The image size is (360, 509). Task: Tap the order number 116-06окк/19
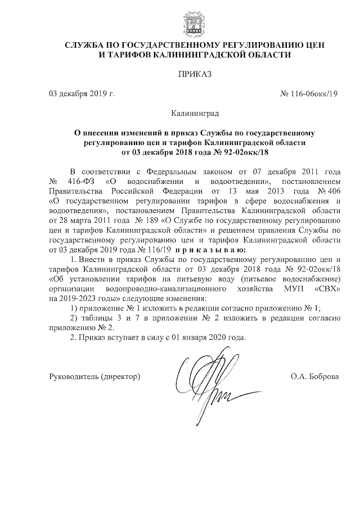[x=308, y=94]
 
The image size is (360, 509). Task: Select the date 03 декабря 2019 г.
[x=82, y=94]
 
